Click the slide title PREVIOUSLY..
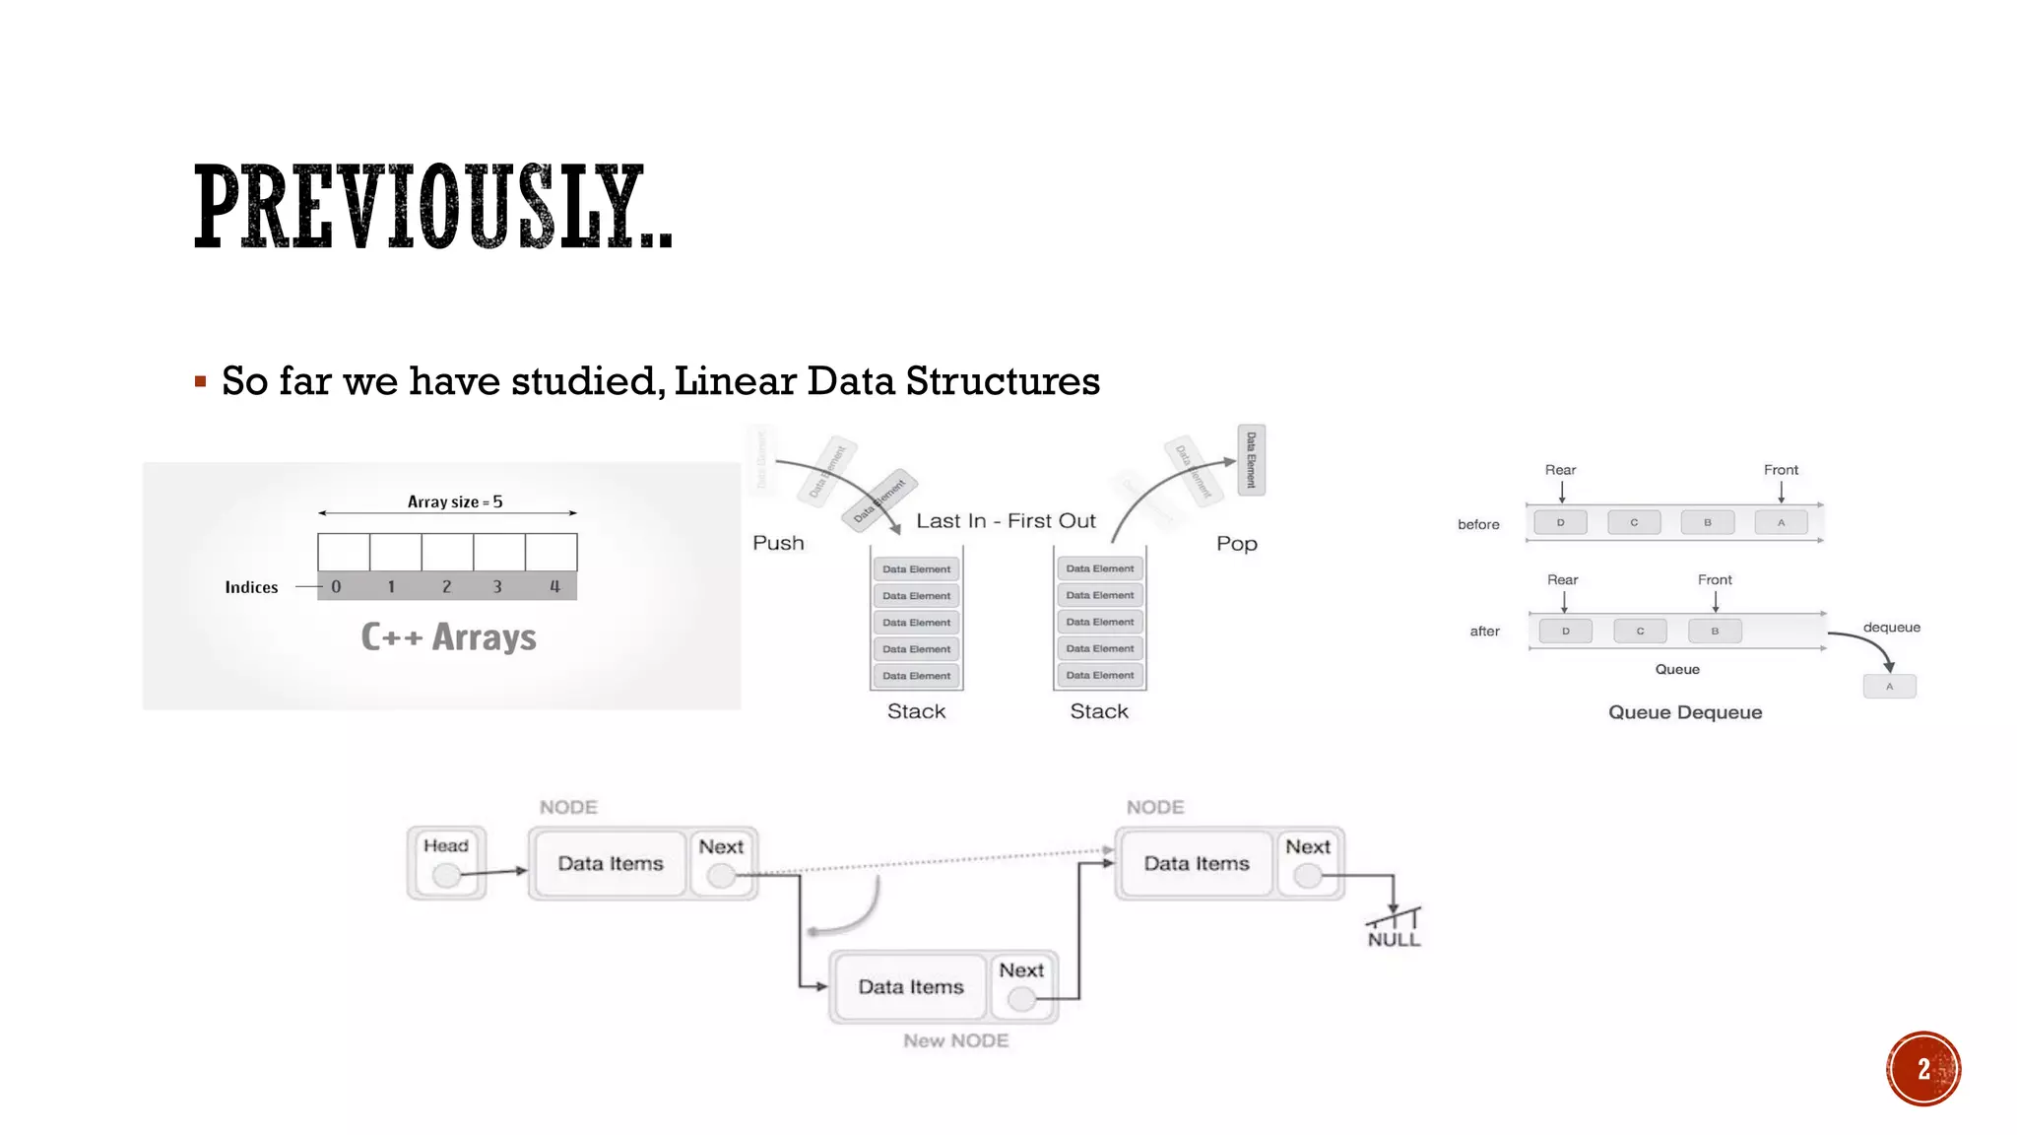pyautogui.click(x=433, y=207)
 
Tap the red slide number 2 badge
pyautogui.click(x=1923, y=1069)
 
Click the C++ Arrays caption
pyautogui.click(x=448, y=637)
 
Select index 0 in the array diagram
pyautogui.click(x=337, y=587)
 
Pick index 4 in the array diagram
pyautogui.click(x=554, y=587)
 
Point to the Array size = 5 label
pyautogui.click(x=455, y=501)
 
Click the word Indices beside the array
pyautogui.click(x=251, y=587)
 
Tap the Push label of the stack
pyautogui.click(x=778, y=543)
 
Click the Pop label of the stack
pyautogui.click(x=1236, y=544)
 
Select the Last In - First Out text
pyautogui.click(x=1006, y=521)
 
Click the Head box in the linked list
pyautogui.click(x=446, y=862)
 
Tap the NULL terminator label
pyautogui.click(x=1394, y=939)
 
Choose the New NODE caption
pyautogui.click(x=955, y=1040)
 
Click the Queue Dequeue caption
pyautogui.click(x=1685, y=712)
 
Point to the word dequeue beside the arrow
pyautogui.click(x=1891, y=628)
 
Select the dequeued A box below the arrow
pyautogui.click(x=1889, y=687)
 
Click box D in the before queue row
pyautogui.click(x=1560, y=522)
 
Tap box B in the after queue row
pyautogui.click(x=1715, y=631)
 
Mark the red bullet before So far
pyautogui.click(x=201, y=381)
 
